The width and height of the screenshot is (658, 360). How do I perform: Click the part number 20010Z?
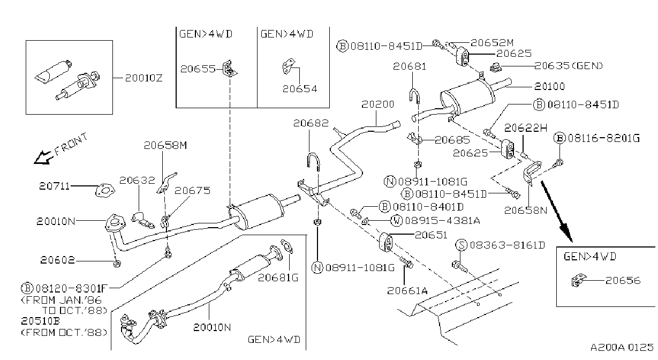[x=143, y=78]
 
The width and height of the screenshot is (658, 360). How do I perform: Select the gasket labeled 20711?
[x=104, y=190]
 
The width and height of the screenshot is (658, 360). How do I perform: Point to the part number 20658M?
[x=165, y=145]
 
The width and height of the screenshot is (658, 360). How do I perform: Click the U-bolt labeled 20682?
[x=313, y=161]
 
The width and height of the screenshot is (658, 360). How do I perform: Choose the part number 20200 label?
[x=378, y=104]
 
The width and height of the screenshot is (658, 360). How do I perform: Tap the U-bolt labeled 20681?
[x=414, y=95]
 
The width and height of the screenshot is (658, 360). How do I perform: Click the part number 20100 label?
[x=549, y=86]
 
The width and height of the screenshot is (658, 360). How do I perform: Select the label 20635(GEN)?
[x=569, y=65]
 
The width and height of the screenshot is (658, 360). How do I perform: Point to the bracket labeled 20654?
[x=288, y=66]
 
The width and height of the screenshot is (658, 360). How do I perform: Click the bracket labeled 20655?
[x=229, y=69]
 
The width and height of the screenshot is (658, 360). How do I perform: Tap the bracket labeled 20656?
[x=579, y=280]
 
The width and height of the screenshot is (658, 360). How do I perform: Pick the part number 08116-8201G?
[x=603, y=138]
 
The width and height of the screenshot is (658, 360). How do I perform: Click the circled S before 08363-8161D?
[x=462, y=245]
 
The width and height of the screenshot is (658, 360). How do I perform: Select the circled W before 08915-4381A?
[x=397, y=220]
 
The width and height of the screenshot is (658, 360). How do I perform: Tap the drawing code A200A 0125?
[x=622, y=347]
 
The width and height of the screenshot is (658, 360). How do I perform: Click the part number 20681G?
[x=278, y=277]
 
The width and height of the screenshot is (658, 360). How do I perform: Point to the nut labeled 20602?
[x=117, y=264]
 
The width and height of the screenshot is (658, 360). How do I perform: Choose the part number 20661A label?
[x=407, y=291]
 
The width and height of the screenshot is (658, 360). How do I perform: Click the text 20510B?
[x=41, y=321]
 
